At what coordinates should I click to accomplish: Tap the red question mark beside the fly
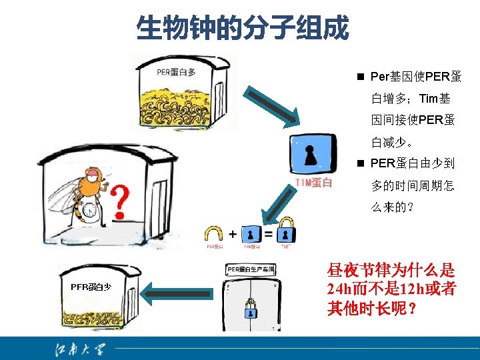point(119,202)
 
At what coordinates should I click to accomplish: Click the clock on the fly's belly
point(88,211)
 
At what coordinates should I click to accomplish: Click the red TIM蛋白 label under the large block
point(313,183)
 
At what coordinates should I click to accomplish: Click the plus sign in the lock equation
point(232,234)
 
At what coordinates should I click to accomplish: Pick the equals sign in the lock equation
point(268,234)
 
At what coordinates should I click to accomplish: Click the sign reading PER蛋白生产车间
point(251,269)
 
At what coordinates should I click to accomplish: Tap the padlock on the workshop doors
point(251,311)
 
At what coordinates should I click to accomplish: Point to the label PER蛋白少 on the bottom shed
point(91,287)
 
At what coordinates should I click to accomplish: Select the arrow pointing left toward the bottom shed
point(178,292)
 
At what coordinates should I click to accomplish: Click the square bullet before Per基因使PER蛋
point(359,77)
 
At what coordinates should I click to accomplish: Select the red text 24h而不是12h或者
point(391,290)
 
